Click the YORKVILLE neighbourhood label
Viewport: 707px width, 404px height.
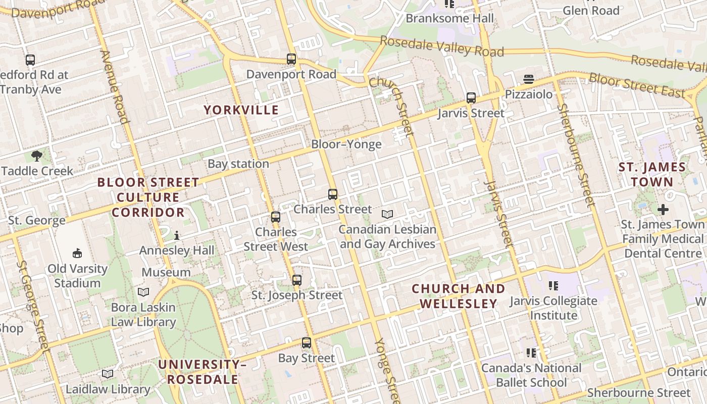(241, 110)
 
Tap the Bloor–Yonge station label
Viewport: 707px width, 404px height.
(346, 144)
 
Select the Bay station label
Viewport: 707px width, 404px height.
(238, 164)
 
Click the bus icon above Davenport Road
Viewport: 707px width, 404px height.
(291, 59)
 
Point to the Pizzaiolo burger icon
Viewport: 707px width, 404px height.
(529, 79)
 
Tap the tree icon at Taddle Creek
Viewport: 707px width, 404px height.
(36, 156)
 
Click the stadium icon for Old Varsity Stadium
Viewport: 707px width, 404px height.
(77, 253)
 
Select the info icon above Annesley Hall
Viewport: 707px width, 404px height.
(177, 235)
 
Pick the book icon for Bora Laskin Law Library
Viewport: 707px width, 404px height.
(143, 292)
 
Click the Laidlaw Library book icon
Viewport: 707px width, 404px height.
(108, 374)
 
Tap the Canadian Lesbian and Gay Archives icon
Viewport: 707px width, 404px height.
(387, 215)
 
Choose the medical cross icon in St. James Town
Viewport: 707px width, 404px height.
(663, 209)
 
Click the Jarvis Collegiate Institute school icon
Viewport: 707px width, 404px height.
(553, 286)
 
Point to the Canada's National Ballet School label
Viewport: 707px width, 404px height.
(531, 375)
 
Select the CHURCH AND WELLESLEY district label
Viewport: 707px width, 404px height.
(458, 296)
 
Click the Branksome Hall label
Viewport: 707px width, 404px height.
(449, 19)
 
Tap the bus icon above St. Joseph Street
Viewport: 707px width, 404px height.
(297, 280)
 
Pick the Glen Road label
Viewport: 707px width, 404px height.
(591, 11)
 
